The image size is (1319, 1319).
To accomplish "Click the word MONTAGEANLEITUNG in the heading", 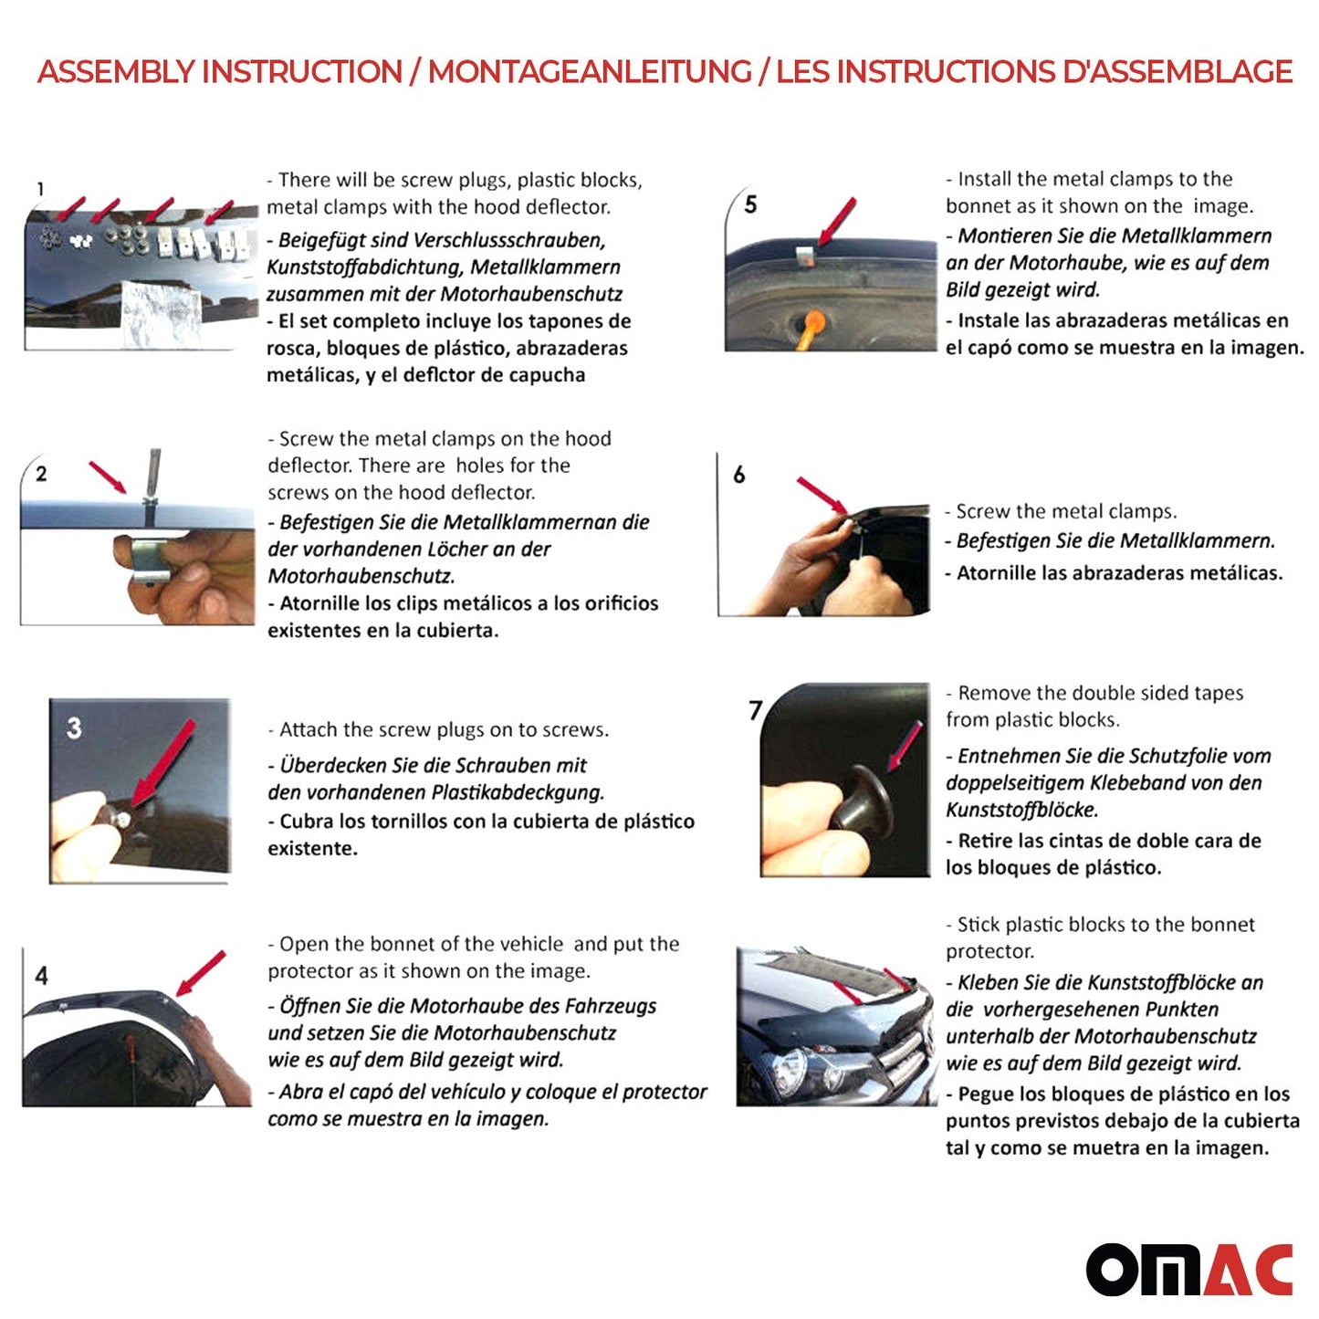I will [x=590, y=72].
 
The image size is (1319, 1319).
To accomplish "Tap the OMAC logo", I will [x=1188, y=1269].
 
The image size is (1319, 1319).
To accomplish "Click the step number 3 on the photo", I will [x=74, y=728].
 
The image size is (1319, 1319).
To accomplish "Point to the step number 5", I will [x=750, y=204].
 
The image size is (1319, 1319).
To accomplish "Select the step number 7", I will [x=755, y=710].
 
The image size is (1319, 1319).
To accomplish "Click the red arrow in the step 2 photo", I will [x=107, y=476].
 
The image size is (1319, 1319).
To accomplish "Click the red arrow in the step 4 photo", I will [x=201, y=973].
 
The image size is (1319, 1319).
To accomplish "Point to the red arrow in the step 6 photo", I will [x=822, y=496].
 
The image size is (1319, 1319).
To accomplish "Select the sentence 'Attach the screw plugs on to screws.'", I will [x=444, y=730].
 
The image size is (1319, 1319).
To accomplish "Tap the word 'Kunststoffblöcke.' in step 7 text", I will [x=1021, y=810].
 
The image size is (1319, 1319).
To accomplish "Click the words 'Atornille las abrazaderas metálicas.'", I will [x=1119, y=573].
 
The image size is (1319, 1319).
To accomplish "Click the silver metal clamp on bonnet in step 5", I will [x=804, y=256].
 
